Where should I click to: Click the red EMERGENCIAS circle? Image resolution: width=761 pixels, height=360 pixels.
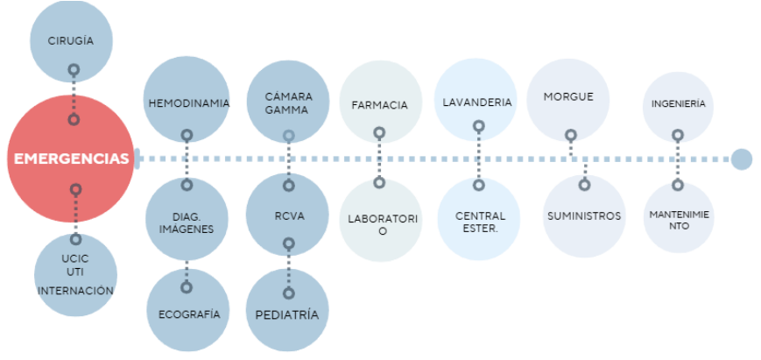(x=70, y=159)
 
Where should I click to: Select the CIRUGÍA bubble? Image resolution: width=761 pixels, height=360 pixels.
(x=71, y=40)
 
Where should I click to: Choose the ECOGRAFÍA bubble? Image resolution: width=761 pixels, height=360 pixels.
(x=187, y=311)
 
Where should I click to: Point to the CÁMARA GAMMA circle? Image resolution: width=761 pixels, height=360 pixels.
(x=288, y=102)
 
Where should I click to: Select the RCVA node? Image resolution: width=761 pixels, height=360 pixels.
(x=288, y=215)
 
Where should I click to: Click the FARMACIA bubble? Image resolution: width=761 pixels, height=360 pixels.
(x=379, y=102)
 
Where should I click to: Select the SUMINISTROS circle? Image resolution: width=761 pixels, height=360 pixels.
(x=583, y=216)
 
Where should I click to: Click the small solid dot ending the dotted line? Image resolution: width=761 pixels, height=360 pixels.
(x=742, y=159)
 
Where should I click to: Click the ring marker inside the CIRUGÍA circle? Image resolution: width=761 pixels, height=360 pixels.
(x=74, y=68)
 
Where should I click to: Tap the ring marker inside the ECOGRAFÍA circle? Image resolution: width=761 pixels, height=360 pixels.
(x=186, y=287)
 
